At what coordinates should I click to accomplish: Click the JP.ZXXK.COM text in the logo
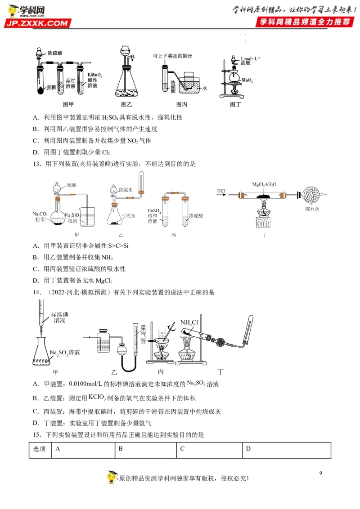point(38,23)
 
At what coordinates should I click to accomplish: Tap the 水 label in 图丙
point(204,89)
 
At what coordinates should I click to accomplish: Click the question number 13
point(37,164)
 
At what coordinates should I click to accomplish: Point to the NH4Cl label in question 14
point(189,322)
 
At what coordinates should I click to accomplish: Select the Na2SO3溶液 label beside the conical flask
point(65,353)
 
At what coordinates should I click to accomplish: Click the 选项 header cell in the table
point(40,449)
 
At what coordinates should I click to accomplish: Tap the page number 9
point(320,473)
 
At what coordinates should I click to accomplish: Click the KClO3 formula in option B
point(97,397)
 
